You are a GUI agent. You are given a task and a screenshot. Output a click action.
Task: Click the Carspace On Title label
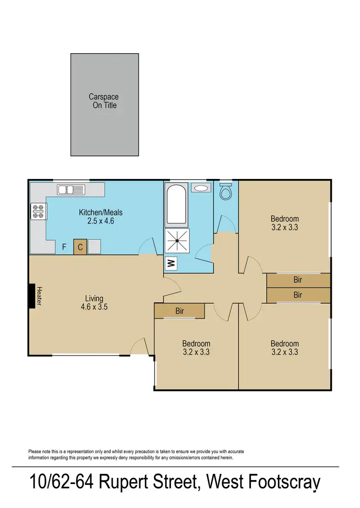click(103, 101)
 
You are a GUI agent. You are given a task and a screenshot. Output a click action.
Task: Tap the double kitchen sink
click(71, 189)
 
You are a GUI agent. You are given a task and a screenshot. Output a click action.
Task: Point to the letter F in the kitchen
click(64, 248)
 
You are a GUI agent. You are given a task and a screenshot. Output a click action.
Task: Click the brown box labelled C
click(80, 247)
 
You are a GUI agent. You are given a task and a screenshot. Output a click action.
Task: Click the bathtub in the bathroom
click(176, 205)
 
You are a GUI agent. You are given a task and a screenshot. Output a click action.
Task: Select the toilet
click(225, 192)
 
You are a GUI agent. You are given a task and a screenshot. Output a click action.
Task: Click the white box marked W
click(170, 263)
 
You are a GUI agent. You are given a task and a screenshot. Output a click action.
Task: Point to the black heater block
click(32, 295)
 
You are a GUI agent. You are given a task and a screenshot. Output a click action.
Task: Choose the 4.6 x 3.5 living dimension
click(94, 307)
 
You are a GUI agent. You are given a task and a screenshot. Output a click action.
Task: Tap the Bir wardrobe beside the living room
click(180, 311)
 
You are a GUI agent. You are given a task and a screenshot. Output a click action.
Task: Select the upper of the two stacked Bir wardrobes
click(298, 280)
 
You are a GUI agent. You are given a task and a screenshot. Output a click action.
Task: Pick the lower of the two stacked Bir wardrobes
click(298, 295)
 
